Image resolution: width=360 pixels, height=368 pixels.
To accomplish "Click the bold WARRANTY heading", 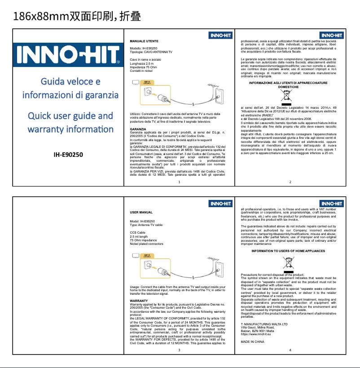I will tap(138, 300).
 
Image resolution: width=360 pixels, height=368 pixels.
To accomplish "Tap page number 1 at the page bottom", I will tap(179, 182).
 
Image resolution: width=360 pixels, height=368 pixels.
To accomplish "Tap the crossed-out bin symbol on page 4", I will tap(288, 264).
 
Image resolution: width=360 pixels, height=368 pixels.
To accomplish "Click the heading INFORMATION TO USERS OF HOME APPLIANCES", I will tap(288, 251).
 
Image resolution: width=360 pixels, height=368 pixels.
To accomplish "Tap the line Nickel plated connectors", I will tap(146, 244).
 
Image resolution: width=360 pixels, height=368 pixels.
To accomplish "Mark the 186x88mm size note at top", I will tap(76, 17).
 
